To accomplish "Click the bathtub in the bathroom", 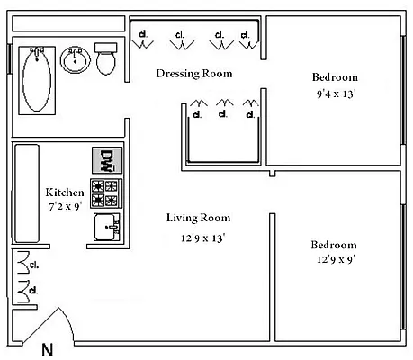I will click(37, 78).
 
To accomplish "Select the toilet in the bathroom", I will click(106, 60).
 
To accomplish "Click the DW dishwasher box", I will click(105, 161).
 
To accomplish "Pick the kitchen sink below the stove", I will click(106, 227).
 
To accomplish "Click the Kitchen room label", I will click(65, 193).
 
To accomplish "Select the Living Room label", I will click(198, 218).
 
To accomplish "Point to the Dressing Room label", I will click(194, 73).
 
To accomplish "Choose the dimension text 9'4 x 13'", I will click(337, 93).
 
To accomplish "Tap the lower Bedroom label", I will click(334, 245).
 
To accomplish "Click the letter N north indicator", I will click(47, 350).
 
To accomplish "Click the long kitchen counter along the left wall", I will click(26, 194).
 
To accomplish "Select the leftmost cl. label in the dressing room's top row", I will click(143, 36).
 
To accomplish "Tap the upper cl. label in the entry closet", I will click(33, 265).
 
